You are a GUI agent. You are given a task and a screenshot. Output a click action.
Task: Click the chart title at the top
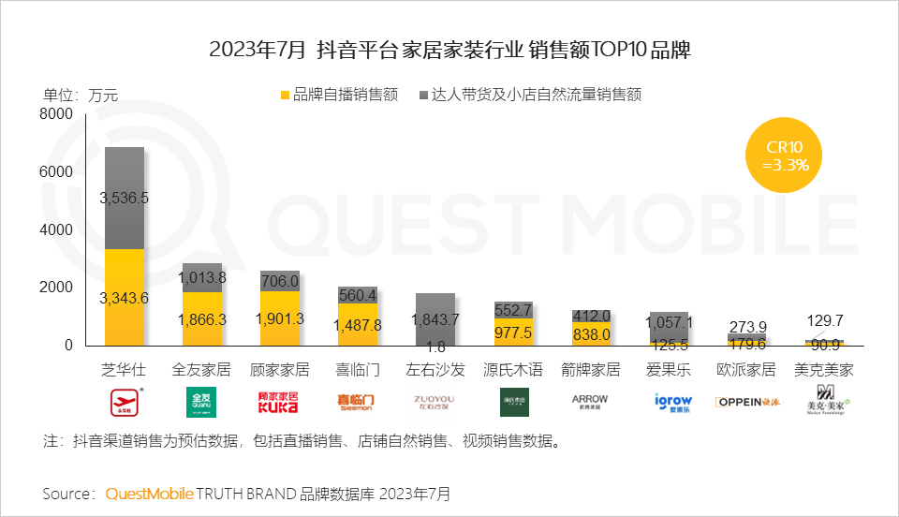449,50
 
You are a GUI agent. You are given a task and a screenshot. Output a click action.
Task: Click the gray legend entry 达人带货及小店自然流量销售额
534,95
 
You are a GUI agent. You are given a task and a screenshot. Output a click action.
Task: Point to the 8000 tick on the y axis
56,114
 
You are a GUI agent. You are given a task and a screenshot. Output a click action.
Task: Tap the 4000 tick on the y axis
56,229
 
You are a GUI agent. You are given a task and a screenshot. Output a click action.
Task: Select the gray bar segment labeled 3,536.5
125,198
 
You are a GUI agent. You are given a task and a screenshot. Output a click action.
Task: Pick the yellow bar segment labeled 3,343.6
125,297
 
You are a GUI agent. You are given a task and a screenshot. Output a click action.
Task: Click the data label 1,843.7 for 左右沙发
435,318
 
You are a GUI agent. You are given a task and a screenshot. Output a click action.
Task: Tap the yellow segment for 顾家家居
280,318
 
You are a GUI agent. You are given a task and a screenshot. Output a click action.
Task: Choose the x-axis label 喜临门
358,369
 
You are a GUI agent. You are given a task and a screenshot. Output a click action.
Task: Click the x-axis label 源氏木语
513,369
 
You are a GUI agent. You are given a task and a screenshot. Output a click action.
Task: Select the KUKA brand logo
279,403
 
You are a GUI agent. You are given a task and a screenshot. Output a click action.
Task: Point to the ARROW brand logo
591,402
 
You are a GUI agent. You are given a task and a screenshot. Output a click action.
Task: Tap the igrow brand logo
669,403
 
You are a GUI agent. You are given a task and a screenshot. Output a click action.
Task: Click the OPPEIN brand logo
746,403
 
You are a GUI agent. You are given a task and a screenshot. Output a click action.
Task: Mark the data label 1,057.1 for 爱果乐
669,321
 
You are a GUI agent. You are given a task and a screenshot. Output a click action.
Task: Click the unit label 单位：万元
81,94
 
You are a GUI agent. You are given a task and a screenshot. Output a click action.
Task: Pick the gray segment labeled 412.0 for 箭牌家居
591,316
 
